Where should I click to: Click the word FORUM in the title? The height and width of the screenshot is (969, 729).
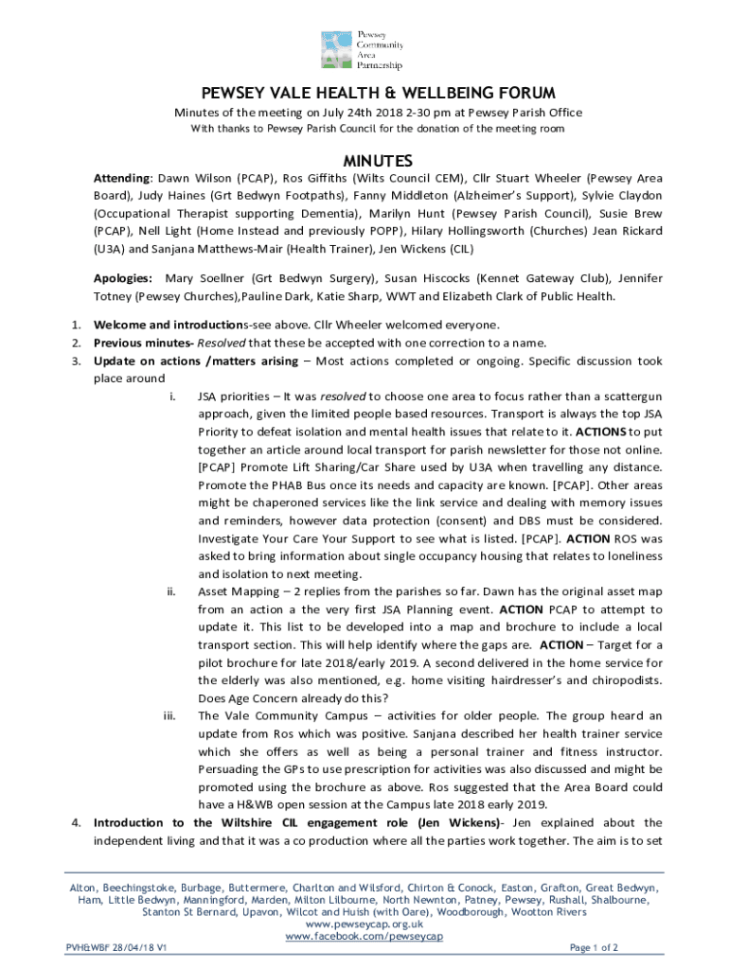pos(521,93)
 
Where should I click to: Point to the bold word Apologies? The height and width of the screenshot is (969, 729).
pos(122,278)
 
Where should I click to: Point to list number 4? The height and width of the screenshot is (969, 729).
pos(76,822)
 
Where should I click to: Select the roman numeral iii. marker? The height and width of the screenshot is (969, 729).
pos(170,716)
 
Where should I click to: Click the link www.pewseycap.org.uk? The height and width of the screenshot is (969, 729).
pos(364,925)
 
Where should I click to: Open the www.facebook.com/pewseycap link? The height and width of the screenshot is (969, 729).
pos(364,937)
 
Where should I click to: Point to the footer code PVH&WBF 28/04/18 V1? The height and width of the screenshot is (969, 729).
pos(116,947)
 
